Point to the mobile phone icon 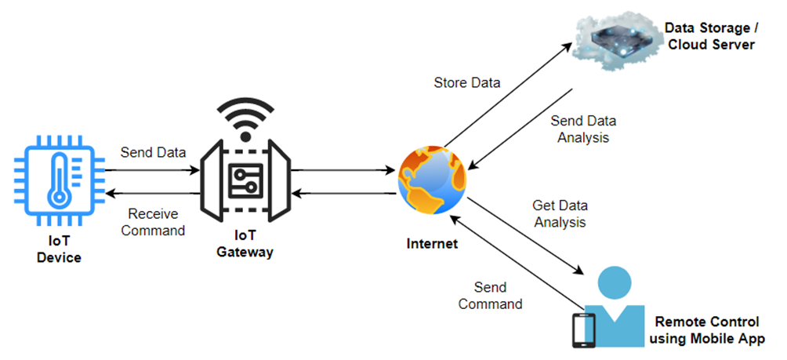(x=580, y=329)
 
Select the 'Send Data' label (x=153, y=152)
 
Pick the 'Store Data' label (x=466, y=82)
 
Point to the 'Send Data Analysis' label (x=582, y=129)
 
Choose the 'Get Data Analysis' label (x=560, y=213)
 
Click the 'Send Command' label (x=490, y=295)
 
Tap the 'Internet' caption (x=431, y=244)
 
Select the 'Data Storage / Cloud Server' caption (x=709, y=36)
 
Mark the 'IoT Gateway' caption (x=246, y=243)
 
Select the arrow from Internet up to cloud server (x=506, y=95)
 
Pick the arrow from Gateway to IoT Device (x=152, y=193)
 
